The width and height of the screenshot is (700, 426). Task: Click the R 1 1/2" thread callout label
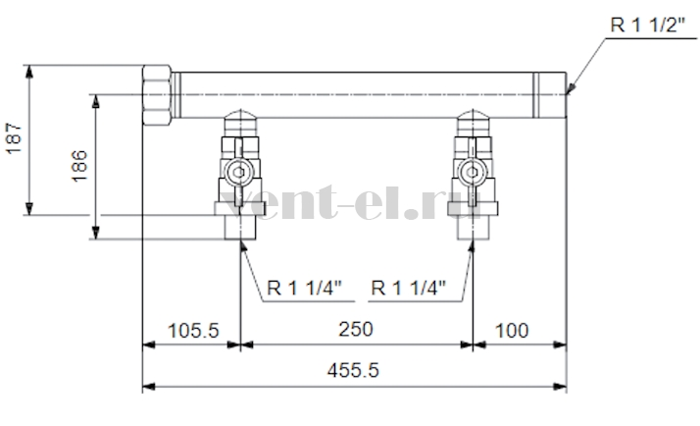click(x=647, y=26)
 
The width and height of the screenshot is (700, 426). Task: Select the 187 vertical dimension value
click(x=15, y=138)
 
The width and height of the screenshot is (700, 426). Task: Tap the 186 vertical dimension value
click(x=79, y=166)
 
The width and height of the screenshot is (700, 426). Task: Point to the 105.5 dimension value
click(x=193, y=331)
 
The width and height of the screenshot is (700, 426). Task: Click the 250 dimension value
click(x=355, y=330)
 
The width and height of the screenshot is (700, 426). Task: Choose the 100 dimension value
click(x=512, y=331)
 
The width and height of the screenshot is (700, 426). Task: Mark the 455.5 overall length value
click(x=353, y=370)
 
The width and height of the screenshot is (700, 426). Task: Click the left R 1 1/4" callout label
click(x=304, y=288)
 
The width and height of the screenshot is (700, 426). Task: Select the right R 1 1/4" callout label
click(x=409, y=288)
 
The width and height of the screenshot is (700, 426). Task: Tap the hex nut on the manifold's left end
click(x=157, y=95)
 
